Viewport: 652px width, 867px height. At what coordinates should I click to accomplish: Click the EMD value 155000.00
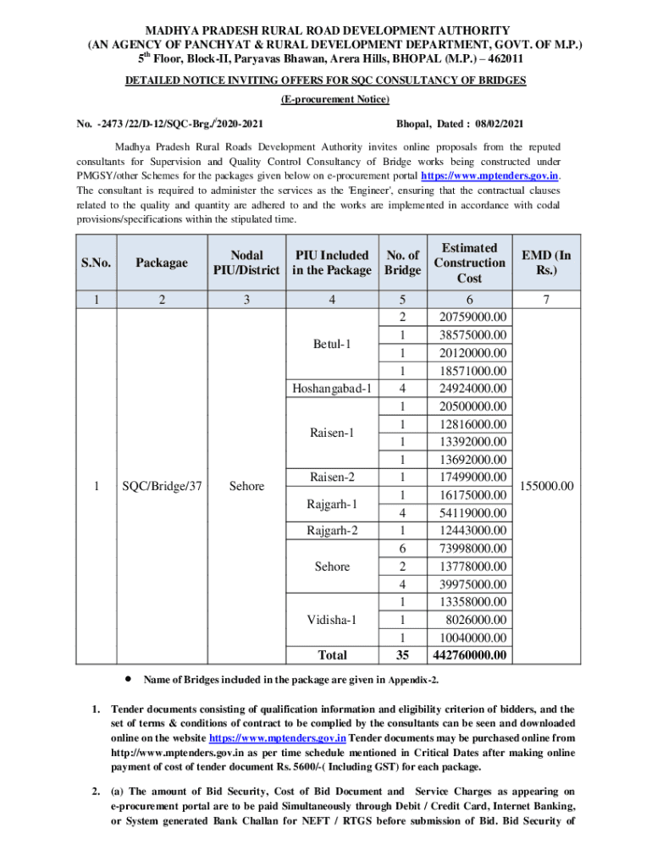click(546, 486)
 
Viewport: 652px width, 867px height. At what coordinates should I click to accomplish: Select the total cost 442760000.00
click(469, 655)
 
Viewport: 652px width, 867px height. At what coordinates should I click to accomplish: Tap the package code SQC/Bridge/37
click(162, 486)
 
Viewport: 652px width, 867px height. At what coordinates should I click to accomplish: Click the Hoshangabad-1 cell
click(332, 389)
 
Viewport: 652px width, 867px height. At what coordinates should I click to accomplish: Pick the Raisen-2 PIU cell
click(332, 478)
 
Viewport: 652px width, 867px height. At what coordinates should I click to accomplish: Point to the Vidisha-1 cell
click(332, 620)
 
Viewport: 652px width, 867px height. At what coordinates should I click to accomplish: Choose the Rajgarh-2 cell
click(332, 531)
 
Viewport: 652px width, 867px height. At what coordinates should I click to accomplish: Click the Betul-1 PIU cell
click(332, 345)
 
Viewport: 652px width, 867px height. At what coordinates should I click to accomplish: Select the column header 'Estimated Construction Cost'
click(469, 262)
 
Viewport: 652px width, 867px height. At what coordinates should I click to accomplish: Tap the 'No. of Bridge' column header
click(402, 262)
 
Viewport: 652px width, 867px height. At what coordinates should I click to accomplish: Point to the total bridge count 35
click(402, 655)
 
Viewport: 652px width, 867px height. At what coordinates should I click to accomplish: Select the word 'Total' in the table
click(332, 655)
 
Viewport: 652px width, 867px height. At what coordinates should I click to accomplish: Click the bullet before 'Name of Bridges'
click(128, 679)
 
